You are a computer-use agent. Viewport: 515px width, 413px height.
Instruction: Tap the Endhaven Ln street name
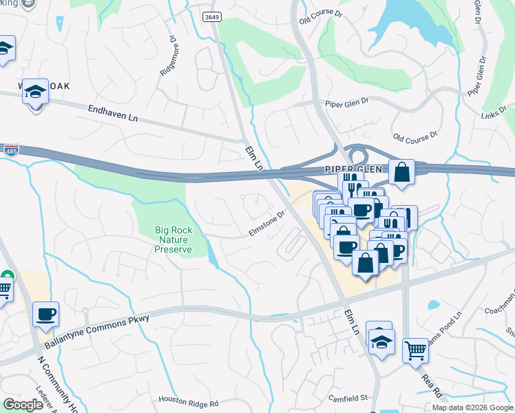click(113, 113)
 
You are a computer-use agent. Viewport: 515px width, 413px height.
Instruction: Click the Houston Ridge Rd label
click(188, 401)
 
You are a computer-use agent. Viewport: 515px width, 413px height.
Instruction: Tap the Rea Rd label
click(432, 383)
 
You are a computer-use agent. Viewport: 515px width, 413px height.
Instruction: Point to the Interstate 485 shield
click(10, 149)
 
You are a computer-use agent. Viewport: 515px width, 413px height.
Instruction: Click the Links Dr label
click(494, 114)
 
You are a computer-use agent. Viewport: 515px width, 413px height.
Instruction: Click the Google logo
click(23, 405)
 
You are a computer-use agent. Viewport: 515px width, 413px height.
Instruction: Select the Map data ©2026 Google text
click(472, 407)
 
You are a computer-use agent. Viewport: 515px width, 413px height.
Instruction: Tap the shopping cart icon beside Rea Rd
click(415, 350)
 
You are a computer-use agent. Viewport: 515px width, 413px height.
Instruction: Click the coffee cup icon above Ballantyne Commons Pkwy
click(46, 314)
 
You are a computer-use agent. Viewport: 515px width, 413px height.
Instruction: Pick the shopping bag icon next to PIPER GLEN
click(401, 171)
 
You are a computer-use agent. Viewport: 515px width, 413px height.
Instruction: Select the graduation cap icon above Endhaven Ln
click(36, 92)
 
